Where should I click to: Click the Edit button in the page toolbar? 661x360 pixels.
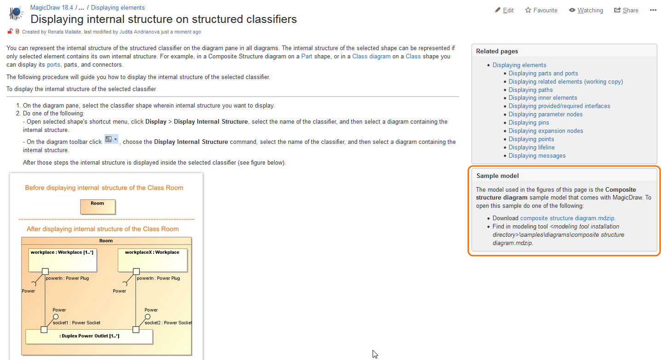(x=504, y=10)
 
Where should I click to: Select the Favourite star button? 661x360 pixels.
(x=541, y=10)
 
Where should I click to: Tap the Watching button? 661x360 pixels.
(x=586, y=10)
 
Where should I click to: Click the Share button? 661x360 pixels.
(x=626, y=10)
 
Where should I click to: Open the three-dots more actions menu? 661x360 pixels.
(x=653, y=10)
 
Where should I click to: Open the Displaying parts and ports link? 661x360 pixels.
(x=543, y=73)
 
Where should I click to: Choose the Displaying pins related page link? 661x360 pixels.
(x=529, y=123)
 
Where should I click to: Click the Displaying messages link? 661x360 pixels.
(x=537, y=156)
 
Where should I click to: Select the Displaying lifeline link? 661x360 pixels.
(x=531, y=148)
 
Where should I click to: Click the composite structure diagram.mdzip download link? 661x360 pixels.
(x=567, y=218)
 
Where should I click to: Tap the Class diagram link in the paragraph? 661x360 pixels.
(x=371, y=57)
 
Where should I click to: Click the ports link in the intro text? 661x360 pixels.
(x=53, y=65)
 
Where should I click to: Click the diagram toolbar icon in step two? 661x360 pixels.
(x=111, y=139)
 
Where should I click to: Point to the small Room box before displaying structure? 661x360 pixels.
(x=98, y=207)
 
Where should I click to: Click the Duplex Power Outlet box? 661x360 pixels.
(x=89, y=337)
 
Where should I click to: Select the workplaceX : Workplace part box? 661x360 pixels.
(x=152, y=260)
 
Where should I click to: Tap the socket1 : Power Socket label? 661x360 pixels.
(x=76, y=323)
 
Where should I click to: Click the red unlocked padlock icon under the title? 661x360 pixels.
(x=10, y=32)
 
